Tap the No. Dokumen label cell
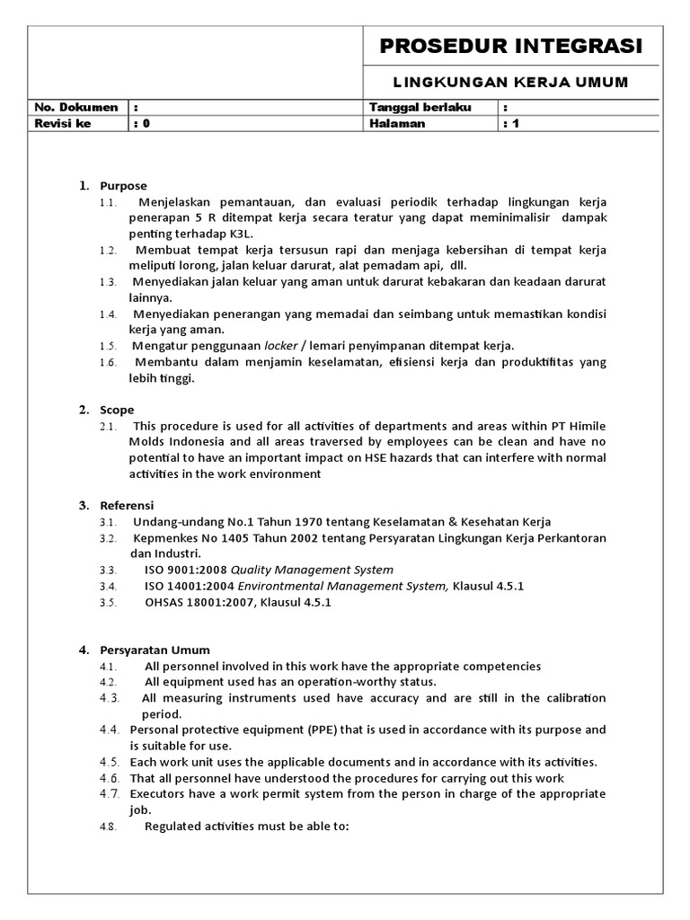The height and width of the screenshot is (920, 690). tap(76, 108)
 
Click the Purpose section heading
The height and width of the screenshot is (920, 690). tap(123, 186)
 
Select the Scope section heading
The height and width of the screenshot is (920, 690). tap(117, 410)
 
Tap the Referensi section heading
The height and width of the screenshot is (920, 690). tap(127, 505)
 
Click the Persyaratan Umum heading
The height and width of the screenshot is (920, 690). tap(154, 650)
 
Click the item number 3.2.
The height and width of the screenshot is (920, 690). tap(108, 538)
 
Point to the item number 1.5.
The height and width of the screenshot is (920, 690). tap(108, 346)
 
